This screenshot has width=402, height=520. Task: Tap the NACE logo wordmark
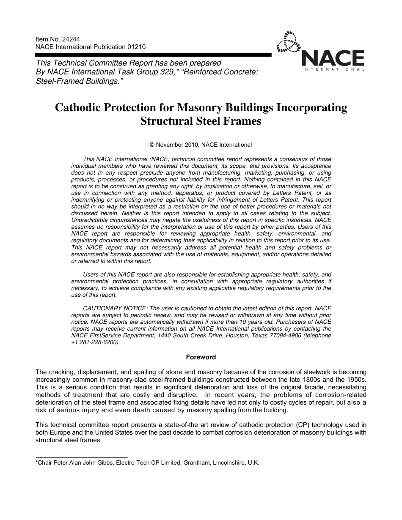(333, 59)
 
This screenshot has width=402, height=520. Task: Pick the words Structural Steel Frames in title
(201, 121)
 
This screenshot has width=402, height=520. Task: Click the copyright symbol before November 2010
(152, 145)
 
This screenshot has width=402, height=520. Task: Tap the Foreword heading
(201, 357)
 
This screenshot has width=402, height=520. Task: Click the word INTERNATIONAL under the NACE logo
(333, 69)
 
